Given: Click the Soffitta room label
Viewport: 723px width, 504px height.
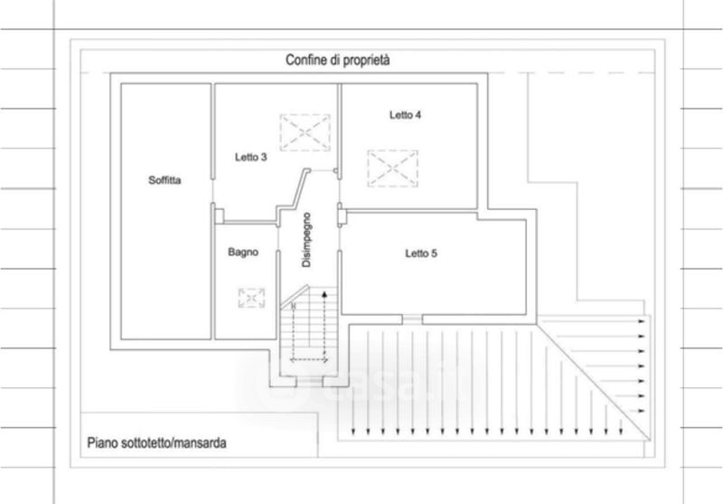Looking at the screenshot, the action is click(x=164, y=180).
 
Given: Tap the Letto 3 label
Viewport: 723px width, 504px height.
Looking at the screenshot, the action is click(x=251, y=157).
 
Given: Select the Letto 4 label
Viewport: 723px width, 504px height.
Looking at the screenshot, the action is click(x=405, y=115).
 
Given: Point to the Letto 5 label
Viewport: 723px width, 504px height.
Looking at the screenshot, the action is click(x=421, y=253).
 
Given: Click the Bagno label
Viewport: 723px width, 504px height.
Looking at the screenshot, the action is click(x=243, y=252).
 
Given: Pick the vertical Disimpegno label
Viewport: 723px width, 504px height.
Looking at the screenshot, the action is click(x=306, y=240).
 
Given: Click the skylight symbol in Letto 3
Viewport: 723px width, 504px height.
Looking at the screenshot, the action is click(x=305, y=132).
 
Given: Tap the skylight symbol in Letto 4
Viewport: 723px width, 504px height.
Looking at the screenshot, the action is click(x=393, y=168).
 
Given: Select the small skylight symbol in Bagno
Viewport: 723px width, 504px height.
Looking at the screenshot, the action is click(x=251, y=299).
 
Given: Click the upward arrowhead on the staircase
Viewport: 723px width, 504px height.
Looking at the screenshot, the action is click(x=324, y=294).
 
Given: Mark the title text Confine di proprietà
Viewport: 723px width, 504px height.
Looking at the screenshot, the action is click(x=337, y=60).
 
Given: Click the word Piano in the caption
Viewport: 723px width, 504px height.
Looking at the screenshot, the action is click(x=102, y=443).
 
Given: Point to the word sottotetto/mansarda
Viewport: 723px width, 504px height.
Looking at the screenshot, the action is click(x=174, y=443).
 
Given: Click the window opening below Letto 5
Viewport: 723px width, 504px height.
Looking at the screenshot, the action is click(x=412, y=319).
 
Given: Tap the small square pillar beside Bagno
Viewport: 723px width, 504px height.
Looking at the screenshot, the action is click(x=220, y=216).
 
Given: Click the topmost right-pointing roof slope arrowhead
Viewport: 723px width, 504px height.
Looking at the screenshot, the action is click(x=641, y=321).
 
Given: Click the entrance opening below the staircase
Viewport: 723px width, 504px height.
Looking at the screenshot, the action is click(x=309, y=382).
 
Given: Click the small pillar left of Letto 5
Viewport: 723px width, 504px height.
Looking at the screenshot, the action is click(x=342, y=217).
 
